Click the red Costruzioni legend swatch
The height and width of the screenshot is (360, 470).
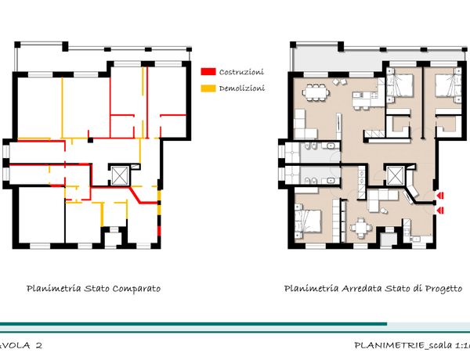point(208,72)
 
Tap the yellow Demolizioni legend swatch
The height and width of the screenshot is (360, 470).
point(208,88)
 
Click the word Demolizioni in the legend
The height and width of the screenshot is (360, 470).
point(242,88)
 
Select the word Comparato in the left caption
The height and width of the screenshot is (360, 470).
point(136,289)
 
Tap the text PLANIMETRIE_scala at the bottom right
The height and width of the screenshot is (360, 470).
point(403,345)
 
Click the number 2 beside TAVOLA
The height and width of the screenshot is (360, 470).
point(38,345)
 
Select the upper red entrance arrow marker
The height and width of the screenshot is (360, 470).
point(440,196)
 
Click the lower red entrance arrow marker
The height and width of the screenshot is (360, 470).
point(440,211)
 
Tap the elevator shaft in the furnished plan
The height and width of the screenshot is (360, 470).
point(396,175)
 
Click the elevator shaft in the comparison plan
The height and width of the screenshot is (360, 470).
point(120,175)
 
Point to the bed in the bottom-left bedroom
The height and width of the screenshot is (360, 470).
point(309,221)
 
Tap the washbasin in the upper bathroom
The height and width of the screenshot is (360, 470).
point(331,146)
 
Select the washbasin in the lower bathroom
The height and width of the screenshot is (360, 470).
point(331,180)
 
